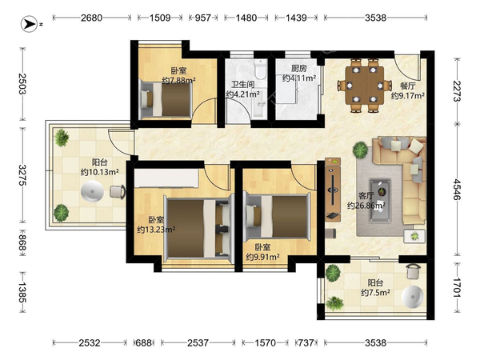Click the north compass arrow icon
tap(30, 23)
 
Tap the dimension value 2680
tap(91, 18)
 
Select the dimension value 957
tap(203, 18)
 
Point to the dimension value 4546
tap(458, 190)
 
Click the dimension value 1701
tap(458, 287)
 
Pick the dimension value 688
tap(143, 342)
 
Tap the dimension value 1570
tap(266, 342)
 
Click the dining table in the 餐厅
tap(364, 85)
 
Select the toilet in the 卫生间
tap(261, 69)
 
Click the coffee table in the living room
tap(380, 199)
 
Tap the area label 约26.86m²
tap(366, 206)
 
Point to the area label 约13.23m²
tap(156, 230)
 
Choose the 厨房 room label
tap(298, 68)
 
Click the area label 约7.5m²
tap(375, 293)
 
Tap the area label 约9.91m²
tap(262, 258)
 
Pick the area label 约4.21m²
tap(242, 94)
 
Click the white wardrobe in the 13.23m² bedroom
tap(166, 178)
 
